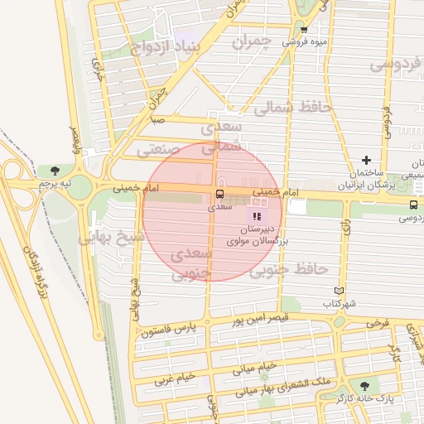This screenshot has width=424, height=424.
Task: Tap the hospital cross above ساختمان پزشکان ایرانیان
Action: [366, 160]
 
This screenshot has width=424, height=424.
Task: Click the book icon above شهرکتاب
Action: [338, 290]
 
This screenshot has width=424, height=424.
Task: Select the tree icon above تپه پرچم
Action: [55, 170]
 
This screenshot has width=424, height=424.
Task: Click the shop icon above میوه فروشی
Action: [305, 28]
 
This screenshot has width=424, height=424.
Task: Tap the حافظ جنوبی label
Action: [283, 268]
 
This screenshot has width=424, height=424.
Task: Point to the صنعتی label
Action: [152, 151]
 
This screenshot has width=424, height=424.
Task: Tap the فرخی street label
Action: [377, 321]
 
